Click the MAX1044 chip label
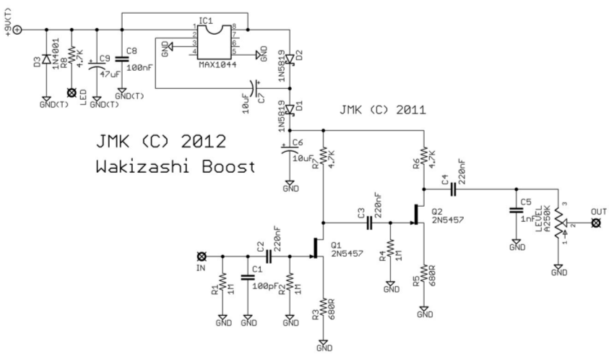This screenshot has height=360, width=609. click(x=215, y=64)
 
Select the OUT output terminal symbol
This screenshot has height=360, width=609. click(x=595, y=224)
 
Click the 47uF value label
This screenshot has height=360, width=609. click(x=111, y=73)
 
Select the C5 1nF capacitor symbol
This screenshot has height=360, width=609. click(x=517, y=210)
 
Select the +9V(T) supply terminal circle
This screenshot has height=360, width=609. click(x=18, y=30)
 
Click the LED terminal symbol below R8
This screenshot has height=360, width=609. click(x=71, y=93)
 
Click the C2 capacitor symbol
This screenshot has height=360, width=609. click(x=269, y=256)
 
